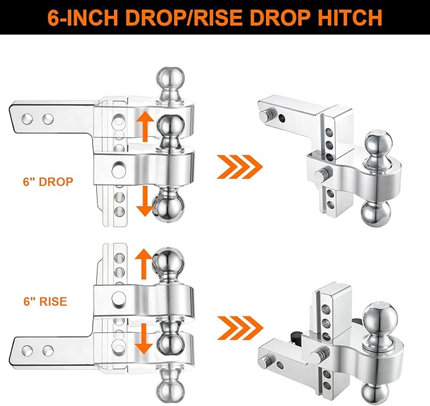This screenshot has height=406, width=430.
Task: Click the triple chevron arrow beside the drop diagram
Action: click(239, 168)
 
